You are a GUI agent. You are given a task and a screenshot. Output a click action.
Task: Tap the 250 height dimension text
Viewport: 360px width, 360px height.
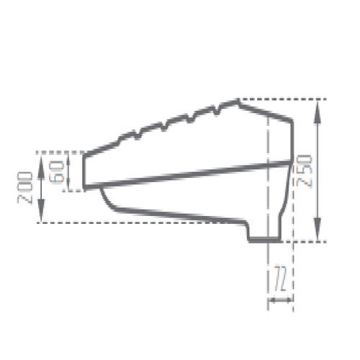(305, 171)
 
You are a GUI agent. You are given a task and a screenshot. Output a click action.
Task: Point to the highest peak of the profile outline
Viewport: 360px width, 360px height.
(238, 99)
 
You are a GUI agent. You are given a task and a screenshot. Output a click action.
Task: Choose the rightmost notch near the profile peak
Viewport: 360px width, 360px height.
(217, 109)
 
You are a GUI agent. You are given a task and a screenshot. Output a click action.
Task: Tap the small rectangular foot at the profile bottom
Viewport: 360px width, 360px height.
(264, 238)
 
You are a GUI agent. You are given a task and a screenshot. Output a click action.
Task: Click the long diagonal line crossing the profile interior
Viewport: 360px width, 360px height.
(187, 174)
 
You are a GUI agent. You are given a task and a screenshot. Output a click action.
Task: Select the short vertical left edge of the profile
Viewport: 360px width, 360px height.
(85, 171)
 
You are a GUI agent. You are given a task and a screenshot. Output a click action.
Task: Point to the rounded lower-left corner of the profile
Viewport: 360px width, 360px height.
(108, 201)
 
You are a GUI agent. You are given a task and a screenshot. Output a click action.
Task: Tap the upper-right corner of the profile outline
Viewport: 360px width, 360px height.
(292, 121)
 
